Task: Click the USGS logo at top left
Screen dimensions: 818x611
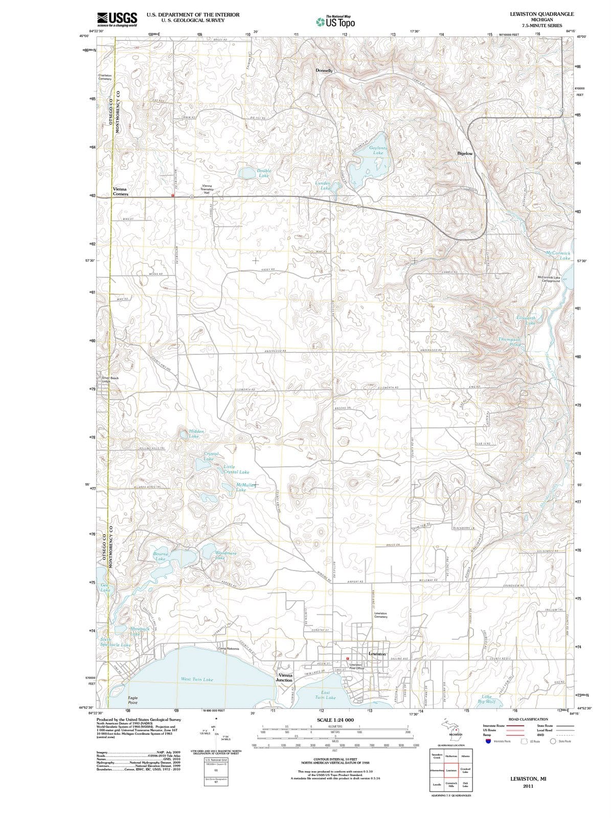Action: (x=117, y=19)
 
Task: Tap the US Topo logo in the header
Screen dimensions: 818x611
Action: (x=335, y=21)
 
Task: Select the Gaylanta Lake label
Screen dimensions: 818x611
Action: (x=378, y=150)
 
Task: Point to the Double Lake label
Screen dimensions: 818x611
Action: (x=264, y=173)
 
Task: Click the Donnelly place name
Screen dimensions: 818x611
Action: (x=324, y=70)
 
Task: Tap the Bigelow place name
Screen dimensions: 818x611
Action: (x=465, y=153)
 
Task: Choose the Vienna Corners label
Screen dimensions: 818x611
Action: (x=120, y=191)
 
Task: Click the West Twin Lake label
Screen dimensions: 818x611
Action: (x=197, y=679)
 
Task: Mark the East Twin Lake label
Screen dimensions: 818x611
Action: (x=325, y=695)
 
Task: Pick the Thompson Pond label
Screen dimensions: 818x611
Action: (x=510, y=342)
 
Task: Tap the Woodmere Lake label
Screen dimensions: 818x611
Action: (x=225, y=555)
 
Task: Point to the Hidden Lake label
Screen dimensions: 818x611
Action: (x=196, y=434)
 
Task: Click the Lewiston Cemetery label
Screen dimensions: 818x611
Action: (x=380, y=615)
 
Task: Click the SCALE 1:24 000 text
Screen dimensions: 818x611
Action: (x=335, y=720)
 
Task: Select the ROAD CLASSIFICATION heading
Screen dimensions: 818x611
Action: (x=528, y=719)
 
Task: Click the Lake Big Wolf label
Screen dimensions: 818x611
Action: (x=486, y=699)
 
